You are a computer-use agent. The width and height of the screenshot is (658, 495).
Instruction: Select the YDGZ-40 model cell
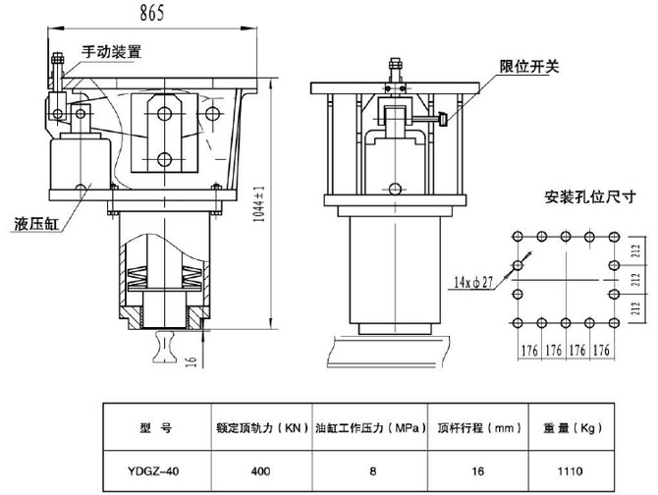click(x=154, y=470)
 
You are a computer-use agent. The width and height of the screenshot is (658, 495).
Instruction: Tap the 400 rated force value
click(x=261, y=470)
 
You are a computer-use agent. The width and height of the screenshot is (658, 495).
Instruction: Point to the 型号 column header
click(x=155, y=428)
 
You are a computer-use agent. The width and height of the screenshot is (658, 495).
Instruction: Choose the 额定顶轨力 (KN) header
click(x=261, y=428)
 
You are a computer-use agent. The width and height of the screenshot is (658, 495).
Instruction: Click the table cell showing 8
click(x=372, y=470)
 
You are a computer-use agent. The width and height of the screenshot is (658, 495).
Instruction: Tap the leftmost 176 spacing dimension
click(x=528, y=351)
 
